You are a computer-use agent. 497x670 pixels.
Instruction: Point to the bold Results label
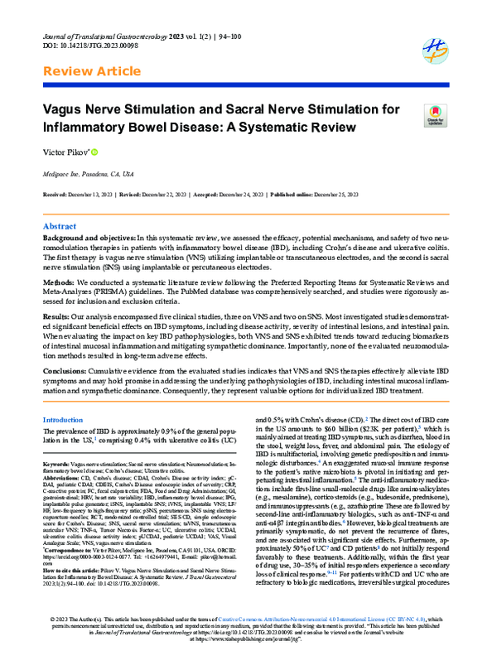[x=57, y=316]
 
